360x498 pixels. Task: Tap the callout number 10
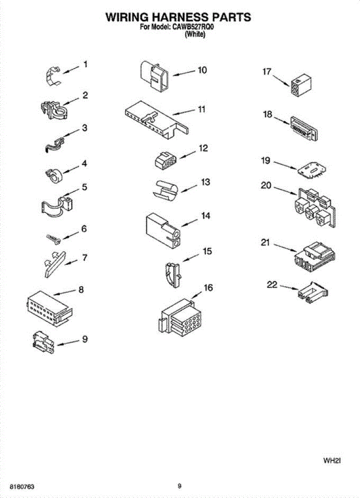tap(202, 70)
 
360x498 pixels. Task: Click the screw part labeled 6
tap(54, 238)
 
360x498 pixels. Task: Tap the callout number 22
tap(272, 285)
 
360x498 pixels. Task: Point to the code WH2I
tap(332, 460)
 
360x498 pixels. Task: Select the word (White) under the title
tap(195, 35)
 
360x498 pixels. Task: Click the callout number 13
tap(205, 182)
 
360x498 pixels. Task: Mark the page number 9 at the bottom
tap(179, 486)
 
